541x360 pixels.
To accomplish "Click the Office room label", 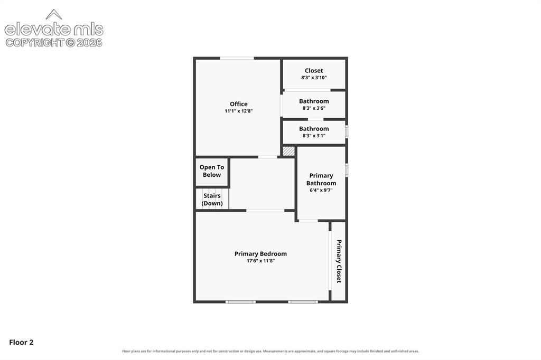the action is click(x=238, y=104).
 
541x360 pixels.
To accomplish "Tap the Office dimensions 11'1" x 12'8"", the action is click(x=238, y=111).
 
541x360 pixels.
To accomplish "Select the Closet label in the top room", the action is click(x=314, y=70).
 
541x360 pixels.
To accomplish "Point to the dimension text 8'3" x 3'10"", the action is click(x=314, y=78).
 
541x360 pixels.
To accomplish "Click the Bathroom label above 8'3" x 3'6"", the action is click(x=314, y=101).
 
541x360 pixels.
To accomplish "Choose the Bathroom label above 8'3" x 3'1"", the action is click(x=314, y=129).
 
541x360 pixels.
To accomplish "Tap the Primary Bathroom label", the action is click(x=321, y=179).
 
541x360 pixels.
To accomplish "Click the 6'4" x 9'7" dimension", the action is click(x=321, y=190).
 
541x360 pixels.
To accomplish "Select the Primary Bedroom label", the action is click(x=260, y=254).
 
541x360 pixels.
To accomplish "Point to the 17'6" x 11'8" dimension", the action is click(x=260, y=261).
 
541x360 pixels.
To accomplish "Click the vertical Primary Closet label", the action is click(x=339, y=261).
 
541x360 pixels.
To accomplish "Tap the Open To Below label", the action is click(x=211, y=171).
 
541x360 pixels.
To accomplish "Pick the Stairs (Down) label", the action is click(x=212, y=200).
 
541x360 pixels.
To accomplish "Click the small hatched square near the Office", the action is click(x=288, y=151).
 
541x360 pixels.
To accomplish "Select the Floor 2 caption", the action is click(x=21, y=342).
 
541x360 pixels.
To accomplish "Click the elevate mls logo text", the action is click(x=54, y=30).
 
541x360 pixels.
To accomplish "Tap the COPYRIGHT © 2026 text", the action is click(x=54, y=43).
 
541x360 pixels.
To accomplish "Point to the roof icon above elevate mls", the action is click(x=54, y=14).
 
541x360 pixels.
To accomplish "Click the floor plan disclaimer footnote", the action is click(x=270, y=351).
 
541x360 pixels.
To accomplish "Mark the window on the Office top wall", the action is click(x=237, y=58).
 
